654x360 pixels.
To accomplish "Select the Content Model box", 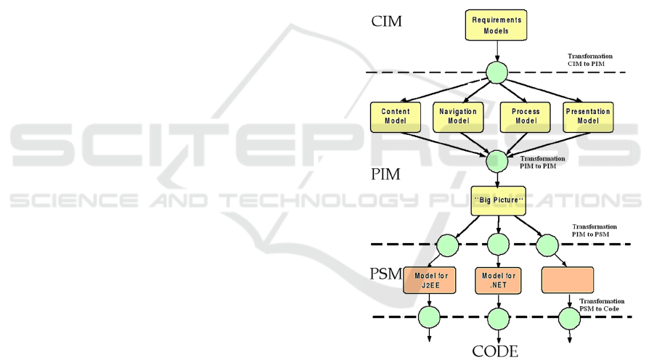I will pyautogui.click(x=396, y=116).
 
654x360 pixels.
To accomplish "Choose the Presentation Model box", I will pyautogui.click(x=589, y=116).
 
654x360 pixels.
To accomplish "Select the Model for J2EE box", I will pyautogui.click(x=430, y=281).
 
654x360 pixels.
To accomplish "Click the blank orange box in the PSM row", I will pyautogui.click(x=568, y=280).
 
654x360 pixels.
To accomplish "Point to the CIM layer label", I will pyautogui.click(x=386, y=22).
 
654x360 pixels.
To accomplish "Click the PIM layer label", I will pyautogui.click(x=386, y=174).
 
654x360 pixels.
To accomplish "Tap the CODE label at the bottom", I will pyautogui.click(x=496, y=352).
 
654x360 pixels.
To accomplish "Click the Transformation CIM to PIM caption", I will pyautogui.click(x=590, y=60).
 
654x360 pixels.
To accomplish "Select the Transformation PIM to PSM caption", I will pyautogui.click(x=594, y=231).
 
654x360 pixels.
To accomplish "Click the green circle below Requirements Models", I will pyautogui.click(x=496, y=72).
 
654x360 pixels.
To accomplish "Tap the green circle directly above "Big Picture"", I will pyautogui.click(x=496, y=161).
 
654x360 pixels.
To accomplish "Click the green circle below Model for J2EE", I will pyautogui.click(x=430, y=317).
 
